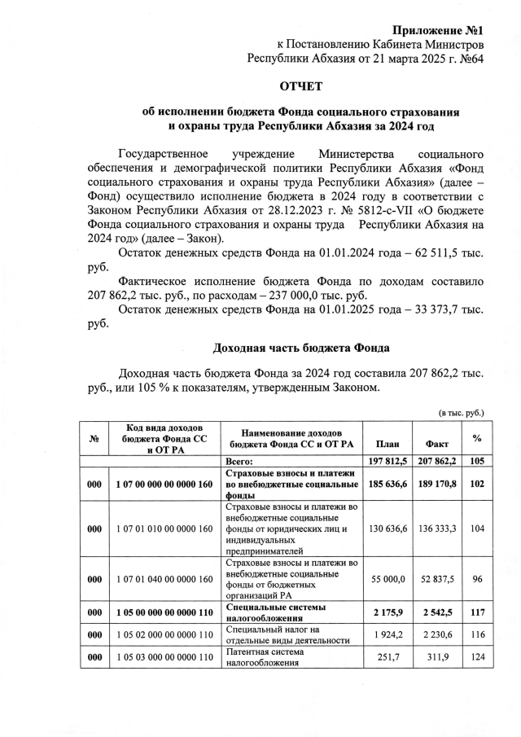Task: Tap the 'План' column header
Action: coord(387,444)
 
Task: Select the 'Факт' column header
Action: coord(437,444)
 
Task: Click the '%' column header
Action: coord(477,438)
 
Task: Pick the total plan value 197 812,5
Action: coord(387,461)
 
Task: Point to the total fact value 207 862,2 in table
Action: coord(437,461)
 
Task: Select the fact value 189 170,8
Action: coord(437,485)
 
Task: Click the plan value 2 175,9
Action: coord(387,612)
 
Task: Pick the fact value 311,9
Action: coord(437,656)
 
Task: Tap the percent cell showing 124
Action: coord(477,656)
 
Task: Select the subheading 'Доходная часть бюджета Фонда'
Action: coord(301,348)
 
